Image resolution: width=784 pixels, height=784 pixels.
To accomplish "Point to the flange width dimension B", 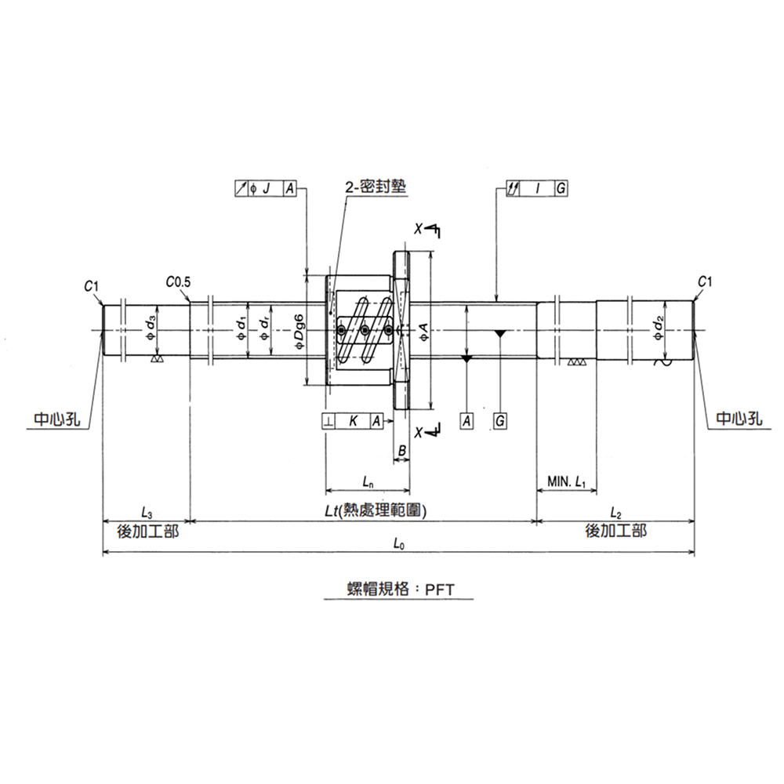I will (401, 450).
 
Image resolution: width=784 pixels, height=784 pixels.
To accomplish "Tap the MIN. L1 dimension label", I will (568, 481).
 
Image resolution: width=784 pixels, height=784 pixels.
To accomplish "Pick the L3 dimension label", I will (147, 513).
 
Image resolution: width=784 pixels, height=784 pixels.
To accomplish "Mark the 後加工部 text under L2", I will (615, 531).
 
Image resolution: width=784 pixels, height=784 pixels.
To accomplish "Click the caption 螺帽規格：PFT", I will (399, 590).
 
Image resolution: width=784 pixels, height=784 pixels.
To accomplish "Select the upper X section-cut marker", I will (428, 229).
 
